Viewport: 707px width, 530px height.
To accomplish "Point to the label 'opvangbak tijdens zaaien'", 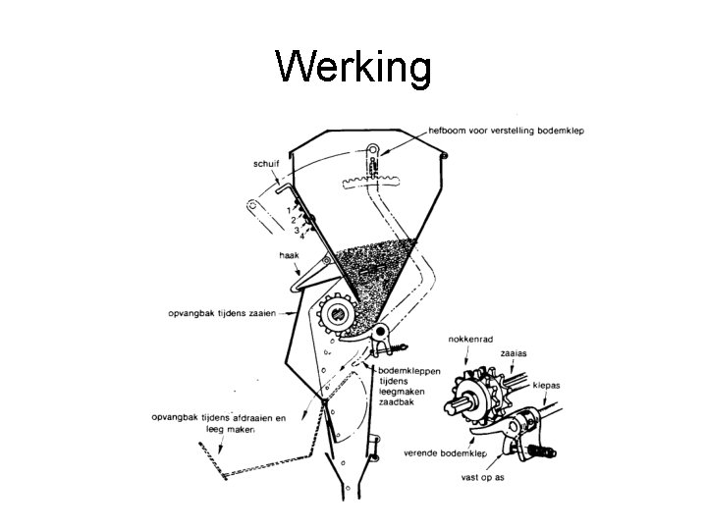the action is click(222, 314).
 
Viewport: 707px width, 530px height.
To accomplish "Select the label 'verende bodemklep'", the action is click(446, 453).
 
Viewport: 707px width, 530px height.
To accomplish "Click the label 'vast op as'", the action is click(482, 478).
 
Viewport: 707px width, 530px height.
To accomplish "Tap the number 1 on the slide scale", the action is click(288, 210).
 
